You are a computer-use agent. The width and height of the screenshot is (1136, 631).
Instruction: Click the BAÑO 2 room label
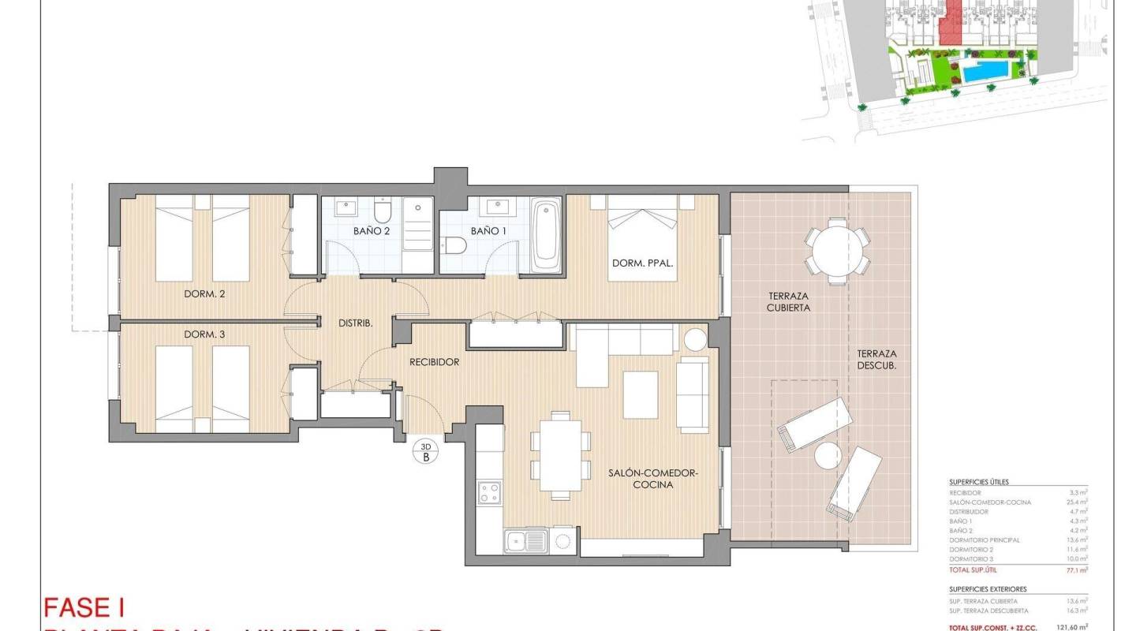point(371,232)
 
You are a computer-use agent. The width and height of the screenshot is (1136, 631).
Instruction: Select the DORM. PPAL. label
point(642,263)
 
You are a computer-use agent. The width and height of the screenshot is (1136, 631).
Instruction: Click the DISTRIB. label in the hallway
point(355,323)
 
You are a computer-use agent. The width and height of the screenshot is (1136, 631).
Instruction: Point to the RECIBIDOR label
point(434,363)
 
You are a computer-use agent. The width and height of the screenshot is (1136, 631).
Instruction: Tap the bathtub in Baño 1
point(546,233)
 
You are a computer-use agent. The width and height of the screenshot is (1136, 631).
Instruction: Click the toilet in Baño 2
point(383,212)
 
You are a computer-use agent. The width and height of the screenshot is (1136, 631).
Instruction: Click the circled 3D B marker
point(425,451)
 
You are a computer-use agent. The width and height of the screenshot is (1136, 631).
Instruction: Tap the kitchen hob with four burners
point(490,494)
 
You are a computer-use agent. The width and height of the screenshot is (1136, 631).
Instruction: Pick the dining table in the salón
point(561,456)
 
